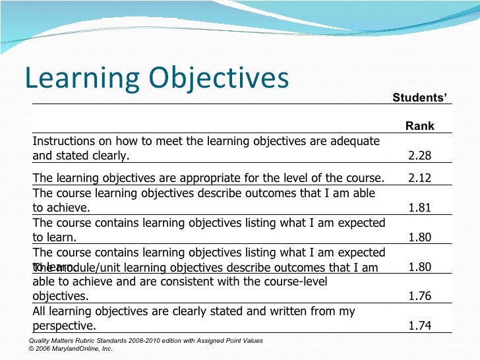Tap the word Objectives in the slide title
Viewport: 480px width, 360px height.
pyautogui.click(x=222, y=78)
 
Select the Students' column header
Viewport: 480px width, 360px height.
pyautogui.click(x=419, y=98)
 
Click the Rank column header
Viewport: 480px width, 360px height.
pyautogui.click(x=419, y=126)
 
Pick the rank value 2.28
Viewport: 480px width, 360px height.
pyautogui.click(x=419, y=156)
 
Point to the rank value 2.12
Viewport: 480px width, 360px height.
pyautogui.click(x=419, y=177)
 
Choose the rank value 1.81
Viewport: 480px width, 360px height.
pyautogui.click(x=419, y=208)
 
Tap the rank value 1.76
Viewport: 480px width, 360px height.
pyautogui.click(x=419, y=296)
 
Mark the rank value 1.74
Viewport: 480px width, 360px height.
pyautogui.click(x=419, y=326)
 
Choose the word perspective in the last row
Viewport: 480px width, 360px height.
pyautogui.click(x=64, y=326)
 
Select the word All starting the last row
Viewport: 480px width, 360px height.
pyautogui.click(x=40, y=311)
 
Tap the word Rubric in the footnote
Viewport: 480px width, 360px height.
pyautogui.click(x=86, y=341)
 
